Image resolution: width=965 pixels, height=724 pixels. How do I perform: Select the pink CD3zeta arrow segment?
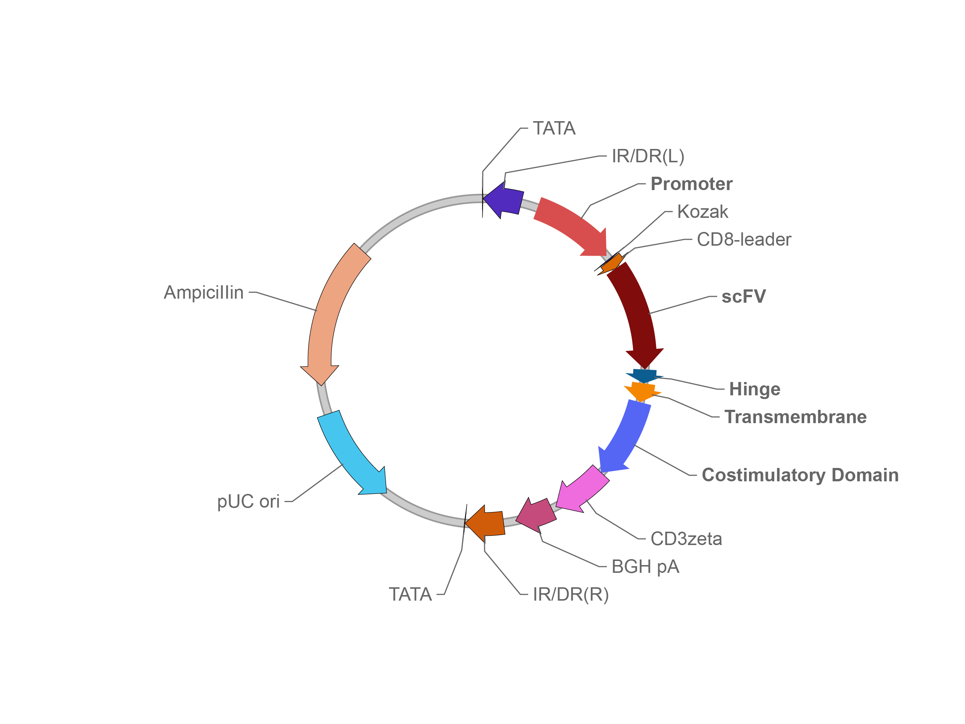click(582, 489)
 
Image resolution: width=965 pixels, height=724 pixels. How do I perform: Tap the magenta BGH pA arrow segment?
click(537, 515)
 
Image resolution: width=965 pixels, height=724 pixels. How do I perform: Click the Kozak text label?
click(702, 212)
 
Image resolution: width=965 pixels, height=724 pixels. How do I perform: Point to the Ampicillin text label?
click(204, 292)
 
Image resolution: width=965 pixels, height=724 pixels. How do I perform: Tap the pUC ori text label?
click(248, 501)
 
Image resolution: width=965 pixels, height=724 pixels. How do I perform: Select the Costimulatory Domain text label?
click(801, 475)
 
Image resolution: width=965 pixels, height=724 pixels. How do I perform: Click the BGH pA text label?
click(645, 567)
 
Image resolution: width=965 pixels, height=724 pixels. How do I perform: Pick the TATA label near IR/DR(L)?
click(554, 128)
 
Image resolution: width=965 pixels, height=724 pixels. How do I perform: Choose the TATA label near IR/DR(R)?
click(410, 594)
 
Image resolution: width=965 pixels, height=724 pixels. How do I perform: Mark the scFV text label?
click(743, 296)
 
